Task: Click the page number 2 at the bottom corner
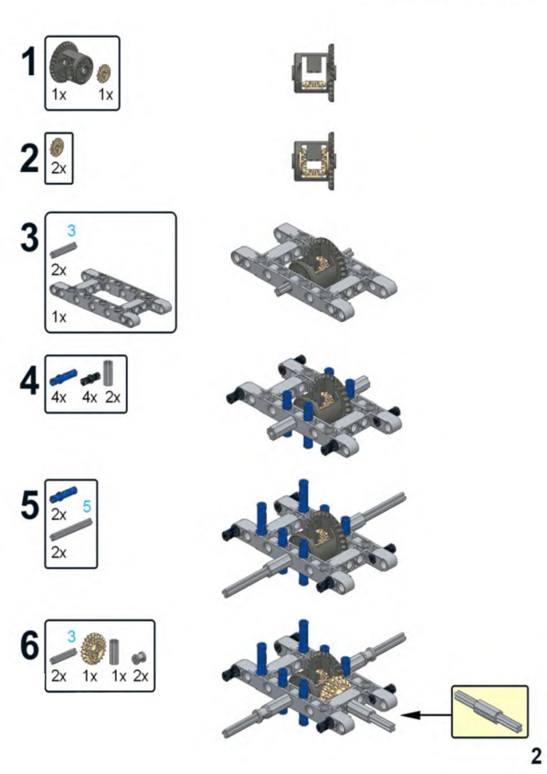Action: tap(536, 756)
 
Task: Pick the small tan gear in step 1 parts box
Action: tap(104, 73)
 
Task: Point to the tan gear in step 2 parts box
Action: tap(57, 147)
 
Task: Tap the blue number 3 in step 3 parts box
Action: tap(71, 230)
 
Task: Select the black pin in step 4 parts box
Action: tap(90, 378)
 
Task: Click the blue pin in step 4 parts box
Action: tap(64, 377)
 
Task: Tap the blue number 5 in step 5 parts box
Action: tap(87, 506)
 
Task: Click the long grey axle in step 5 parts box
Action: tap(71, 529)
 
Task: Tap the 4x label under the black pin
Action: tap(90, 398)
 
